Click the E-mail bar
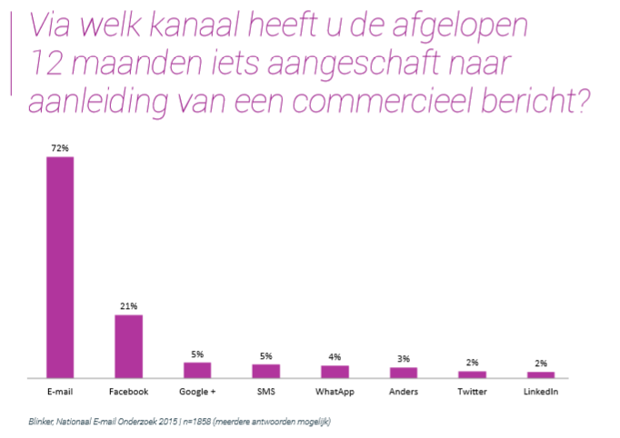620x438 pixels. pos(60,266)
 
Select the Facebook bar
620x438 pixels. pos(128,345)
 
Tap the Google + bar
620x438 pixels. pos(197,369)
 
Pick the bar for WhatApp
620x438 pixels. pos(335,371)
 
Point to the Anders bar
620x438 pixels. pos(404,372)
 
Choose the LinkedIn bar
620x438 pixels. pos(541,373)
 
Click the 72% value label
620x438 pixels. pos(60,147)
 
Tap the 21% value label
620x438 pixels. pos(128,306)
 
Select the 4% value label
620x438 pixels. pos(335,356)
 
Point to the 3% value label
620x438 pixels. pos(404,358)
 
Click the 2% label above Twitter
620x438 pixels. pos(472,362)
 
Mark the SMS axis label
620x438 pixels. pos(266,392)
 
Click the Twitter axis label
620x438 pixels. pos(472,392)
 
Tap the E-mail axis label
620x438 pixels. pos(60,392)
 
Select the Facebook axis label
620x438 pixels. pos(128,392)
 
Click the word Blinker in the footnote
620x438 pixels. pos(42,421)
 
